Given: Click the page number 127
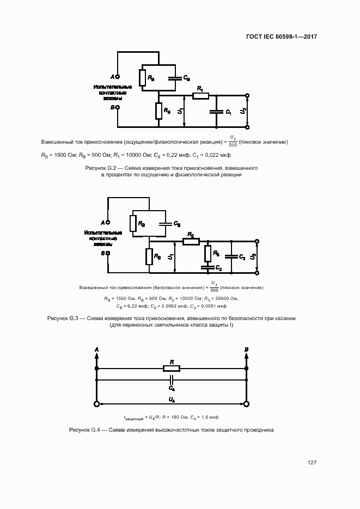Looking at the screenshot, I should coord(312,463).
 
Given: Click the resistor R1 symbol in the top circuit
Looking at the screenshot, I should coord(200,96).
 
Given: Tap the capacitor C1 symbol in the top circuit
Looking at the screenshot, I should coord(217,112).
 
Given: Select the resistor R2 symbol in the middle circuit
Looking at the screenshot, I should coord(191,242).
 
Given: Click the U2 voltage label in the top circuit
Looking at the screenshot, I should coord(243,112).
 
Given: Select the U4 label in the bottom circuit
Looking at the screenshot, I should coord(172,400).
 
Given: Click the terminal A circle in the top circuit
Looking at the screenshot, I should coord(118,77).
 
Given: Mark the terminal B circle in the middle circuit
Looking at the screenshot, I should coord(108,253).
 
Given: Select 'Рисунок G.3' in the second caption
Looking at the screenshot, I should coord(64,318).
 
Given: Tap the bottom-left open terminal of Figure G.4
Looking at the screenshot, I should coord(97,404).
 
